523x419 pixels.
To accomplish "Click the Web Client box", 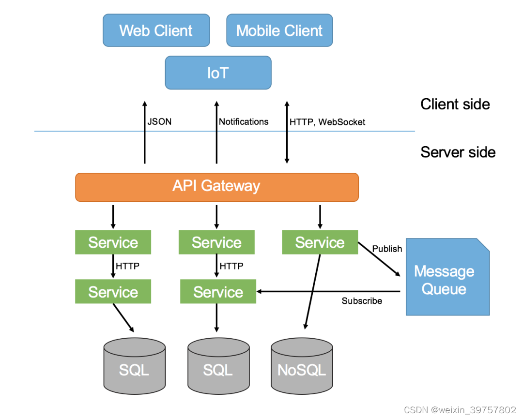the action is [156, 30].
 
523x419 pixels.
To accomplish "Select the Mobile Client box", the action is [279, 30].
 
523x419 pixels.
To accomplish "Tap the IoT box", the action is [218, 73].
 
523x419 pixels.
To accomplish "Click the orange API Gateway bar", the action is [217, 187].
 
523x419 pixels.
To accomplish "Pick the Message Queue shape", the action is [447, 277].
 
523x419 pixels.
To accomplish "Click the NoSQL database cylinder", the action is [302, 366].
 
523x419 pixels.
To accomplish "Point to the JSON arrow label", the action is [159, 121].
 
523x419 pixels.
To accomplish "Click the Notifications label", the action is [244, 121].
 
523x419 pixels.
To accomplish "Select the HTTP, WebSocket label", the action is [327, 122].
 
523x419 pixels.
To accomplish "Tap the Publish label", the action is [387, 249].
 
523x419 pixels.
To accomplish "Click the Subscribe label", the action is [362, 300].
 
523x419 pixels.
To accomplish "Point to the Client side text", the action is [455, 105].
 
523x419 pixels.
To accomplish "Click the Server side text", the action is [458, 152].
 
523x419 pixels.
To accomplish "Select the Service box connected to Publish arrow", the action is [320, 242].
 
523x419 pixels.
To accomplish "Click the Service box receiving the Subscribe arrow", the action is [218, 292].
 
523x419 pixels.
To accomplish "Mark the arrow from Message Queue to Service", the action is [328, 292].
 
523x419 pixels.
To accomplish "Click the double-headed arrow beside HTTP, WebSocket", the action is [287, 133].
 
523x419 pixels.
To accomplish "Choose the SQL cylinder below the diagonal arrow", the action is [135, 366].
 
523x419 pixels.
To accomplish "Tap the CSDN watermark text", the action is [460, 410].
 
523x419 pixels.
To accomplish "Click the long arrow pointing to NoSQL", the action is [312, 292].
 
